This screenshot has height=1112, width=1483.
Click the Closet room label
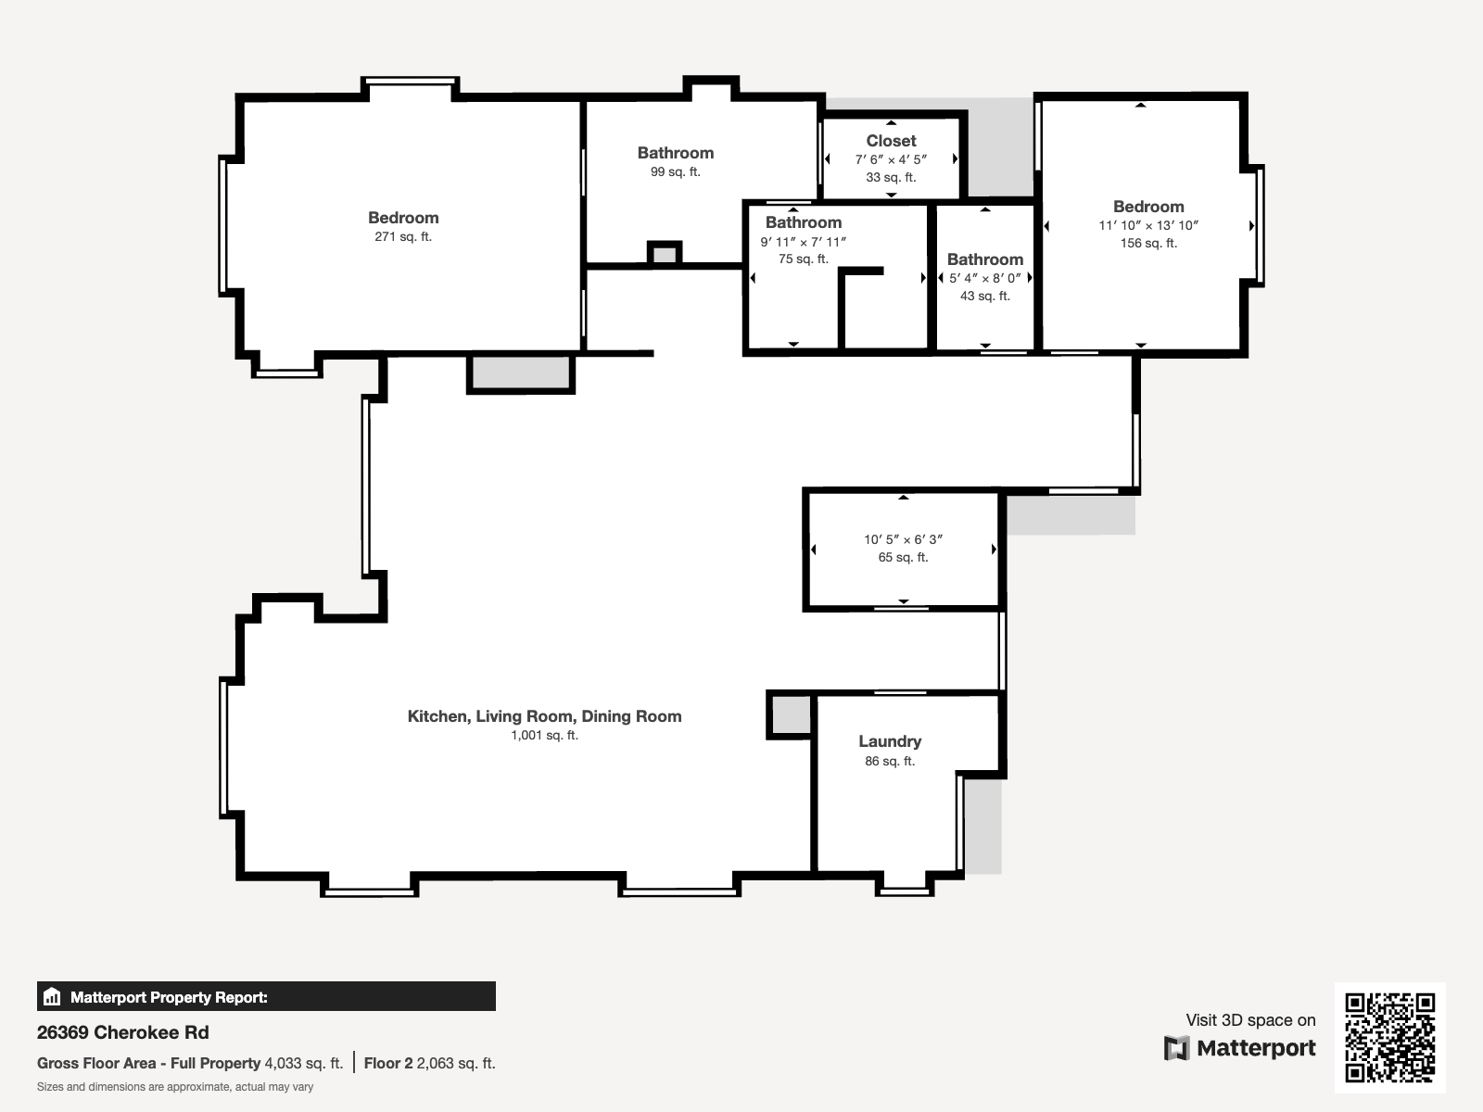tap(891, 141)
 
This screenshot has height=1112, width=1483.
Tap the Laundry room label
tap(890, 741)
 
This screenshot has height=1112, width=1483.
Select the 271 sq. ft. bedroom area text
tap(403, 237)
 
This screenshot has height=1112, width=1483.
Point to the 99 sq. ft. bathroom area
tap(676, 172)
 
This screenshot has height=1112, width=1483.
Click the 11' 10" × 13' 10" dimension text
tap(1148, 225)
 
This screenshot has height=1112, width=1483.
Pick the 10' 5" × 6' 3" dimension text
tap(904, 539)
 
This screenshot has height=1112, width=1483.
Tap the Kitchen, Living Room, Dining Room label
tap(545, 716)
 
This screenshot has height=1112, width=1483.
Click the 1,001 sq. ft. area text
tap(545, 735)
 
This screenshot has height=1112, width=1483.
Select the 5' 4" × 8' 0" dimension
tap(985, 278)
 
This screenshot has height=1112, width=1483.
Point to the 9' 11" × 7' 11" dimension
tap(804, 242)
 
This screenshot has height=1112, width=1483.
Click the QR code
tap(1389, 1037)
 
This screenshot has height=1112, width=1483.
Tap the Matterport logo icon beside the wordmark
tap(1176, 1049)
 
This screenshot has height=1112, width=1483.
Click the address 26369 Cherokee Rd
tap(123, 1032)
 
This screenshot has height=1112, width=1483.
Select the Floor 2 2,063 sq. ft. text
tap(430, 1064)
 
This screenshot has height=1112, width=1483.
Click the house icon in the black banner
tap(52, 996)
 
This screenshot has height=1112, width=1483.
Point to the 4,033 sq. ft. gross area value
tap(303, 1064)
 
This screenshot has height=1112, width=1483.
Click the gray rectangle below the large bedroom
tap(521, 373)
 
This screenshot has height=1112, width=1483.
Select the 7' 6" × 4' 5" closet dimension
tap(891, 160)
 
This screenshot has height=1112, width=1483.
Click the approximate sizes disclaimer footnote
tap(175, 1087)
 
